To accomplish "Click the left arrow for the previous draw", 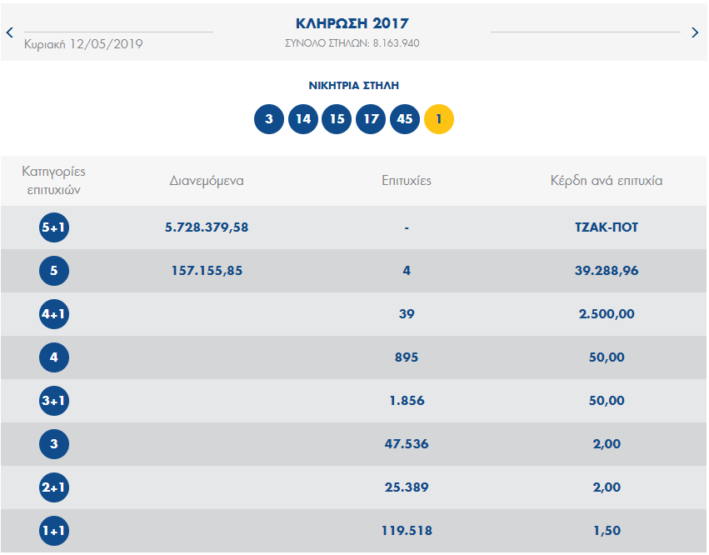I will coord(9,32).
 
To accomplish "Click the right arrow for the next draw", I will coord(696,32).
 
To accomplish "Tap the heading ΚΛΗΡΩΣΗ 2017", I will coord(352,23).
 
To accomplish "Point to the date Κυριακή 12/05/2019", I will coord(83,44).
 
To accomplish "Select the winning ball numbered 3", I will coord(269,119).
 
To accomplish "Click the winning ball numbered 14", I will coord(303,119).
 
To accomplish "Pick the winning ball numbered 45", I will coord(405,119).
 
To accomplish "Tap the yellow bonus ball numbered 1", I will coord(439,119).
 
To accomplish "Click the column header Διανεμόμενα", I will coord(207,180).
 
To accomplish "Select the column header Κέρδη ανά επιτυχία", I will coord(607,180).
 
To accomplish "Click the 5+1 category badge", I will coord(54,227).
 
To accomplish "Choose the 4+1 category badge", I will coord(54,314).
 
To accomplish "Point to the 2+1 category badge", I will coord(54,487).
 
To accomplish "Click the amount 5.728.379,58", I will coord(207,227).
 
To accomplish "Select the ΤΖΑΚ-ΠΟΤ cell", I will coord(607,227).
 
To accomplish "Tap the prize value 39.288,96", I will coord(607,271).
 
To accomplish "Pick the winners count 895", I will coord(407,357).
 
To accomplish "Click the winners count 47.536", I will coord(407,444).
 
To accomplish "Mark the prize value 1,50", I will coord(607,531).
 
